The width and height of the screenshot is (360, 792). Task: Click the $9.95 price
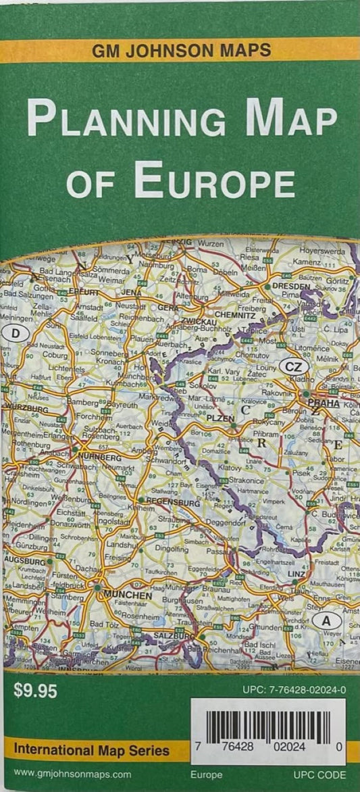point(32,691)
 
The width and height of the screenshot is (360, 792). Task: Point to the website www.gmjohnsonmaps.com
point(72,774)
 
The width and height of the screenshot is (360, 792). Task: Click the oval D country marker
point(15,332)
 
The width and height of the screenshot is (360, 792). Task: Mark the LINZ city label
point(296,574)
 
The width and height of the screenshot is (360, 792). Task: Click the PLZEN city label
point(220,419)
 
